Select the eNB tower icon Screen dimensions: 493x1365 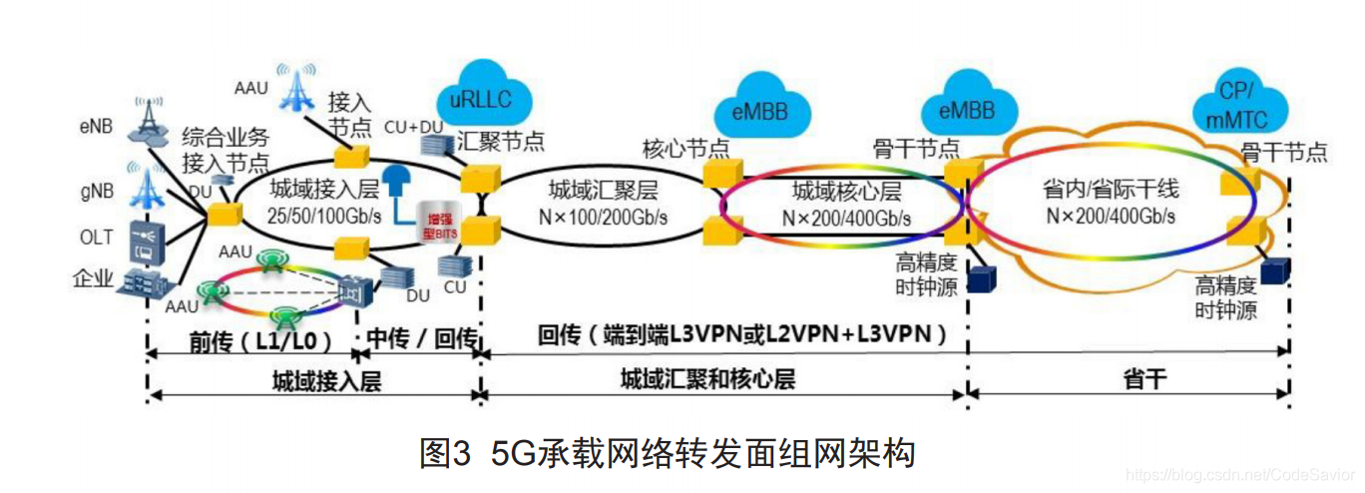(149, 124)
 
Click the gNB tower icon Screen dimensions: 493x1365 (149, 190)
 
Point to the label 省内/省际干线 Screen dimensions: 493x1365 (1110, 190)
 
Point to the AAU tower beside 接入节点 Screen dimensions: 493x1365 (296, 88)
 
